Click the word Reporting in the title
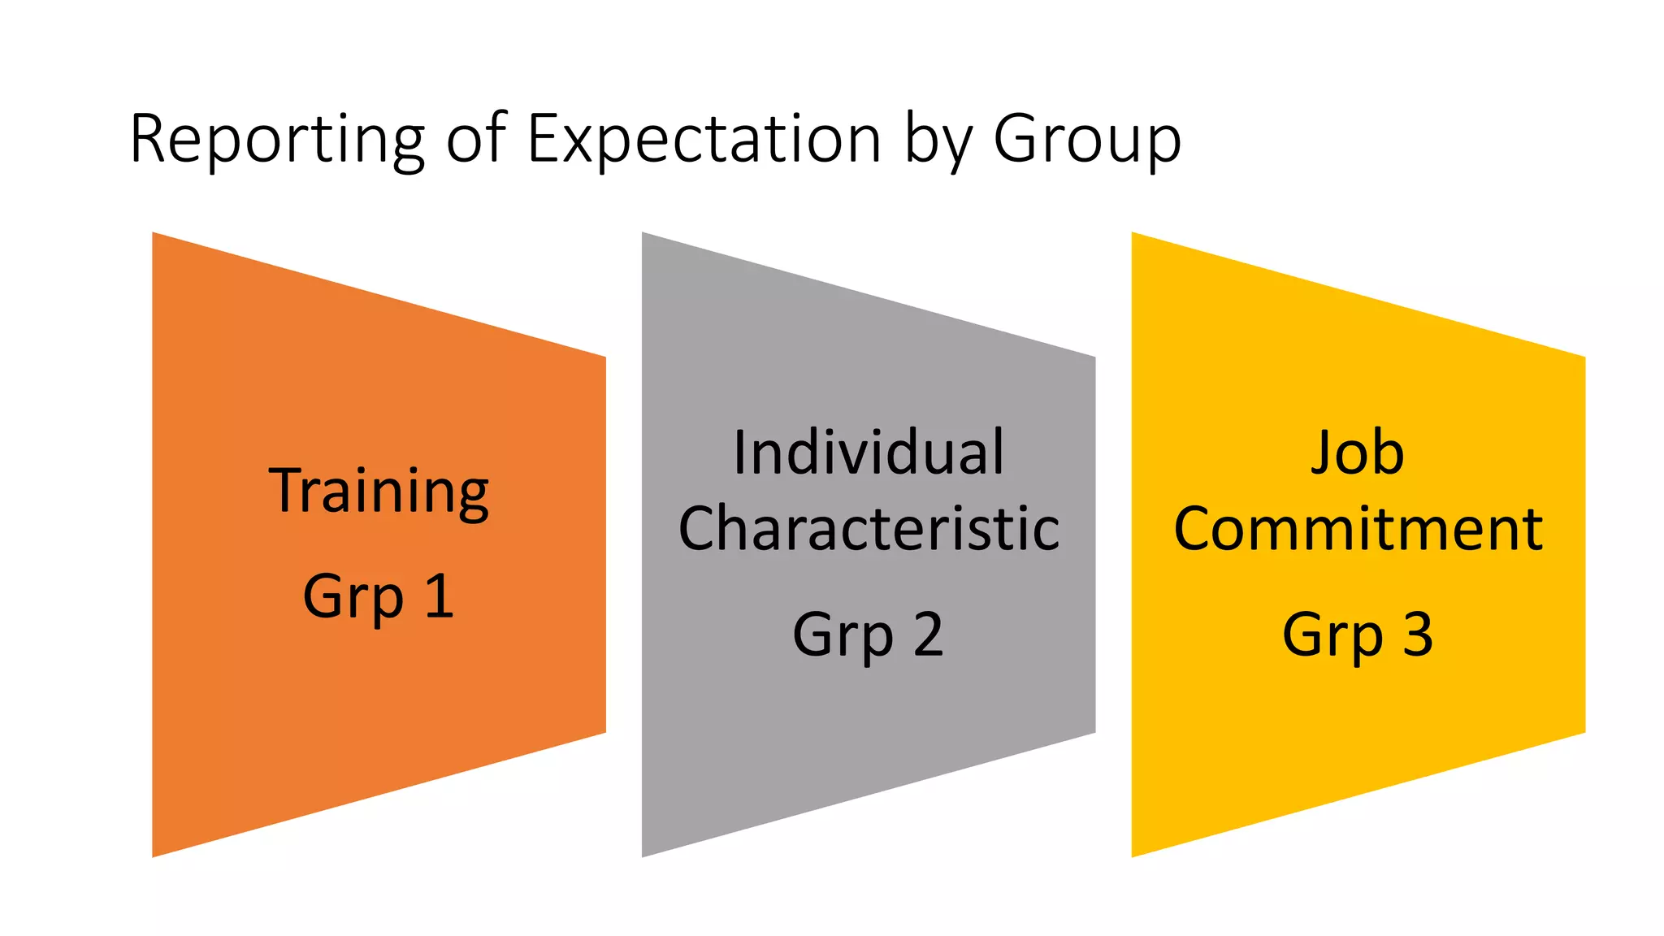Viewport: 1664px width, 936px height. (277, 140)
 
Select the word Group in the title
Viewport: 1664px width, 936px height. (1087, 140)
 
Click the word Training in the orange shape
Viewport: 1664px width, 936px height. (379, 492)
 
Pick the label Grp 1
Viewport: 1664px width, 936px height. (379, 597)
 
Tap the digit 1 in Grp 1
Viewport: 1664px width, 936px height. (439, 596)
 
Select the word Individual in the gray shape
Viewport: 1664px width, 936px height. (869, 453)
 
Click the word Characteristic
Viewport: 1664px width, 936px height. (869, 529)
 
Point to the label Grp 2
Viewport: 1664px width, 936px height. (869, 635)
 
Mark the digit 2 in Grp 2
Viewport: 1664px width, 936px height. (928, 635)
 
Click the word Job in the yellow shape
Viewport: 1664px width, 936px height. (1358, 453)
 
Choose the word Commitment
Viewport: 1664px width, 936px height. (1358, 529)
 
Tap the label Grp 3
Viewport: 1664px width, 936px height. (1358, 635)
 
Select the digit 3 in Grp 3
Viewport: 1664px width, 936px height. (1418, 635)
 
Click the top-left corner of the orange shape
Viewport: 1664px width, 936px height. (154, 234)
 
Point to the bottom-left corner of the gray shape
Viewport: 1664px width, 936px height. (643, 856)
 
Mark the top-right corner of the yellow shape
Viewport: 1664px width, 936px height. (1584, 357)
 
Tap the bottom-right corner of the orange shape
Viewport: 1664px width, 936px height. (604, 732)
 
